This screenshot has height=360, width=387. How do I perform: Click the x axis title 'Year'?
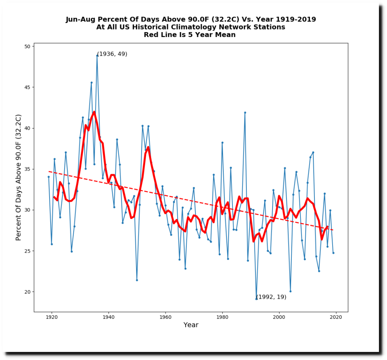[191, 325]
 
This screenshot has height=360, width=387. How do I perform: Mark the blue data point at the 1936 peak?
[97, 55]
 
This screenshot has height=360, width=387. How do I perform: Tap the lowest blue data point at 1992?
[256, 299]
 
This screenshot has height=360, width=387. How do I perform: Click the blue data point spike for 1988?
[245, 112]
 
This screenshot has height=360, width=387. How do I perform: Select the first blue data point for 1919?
[48, 177]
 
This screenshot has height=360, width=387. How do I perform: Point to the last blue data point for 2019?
[333, 253]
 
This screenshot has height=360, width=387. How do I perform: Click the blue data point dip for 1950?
[137, 280]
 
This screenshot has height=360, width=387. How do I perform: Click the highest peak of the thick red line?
[94, 112]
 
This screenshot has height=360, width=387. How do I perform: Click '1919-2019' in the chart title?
[292, 19]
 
